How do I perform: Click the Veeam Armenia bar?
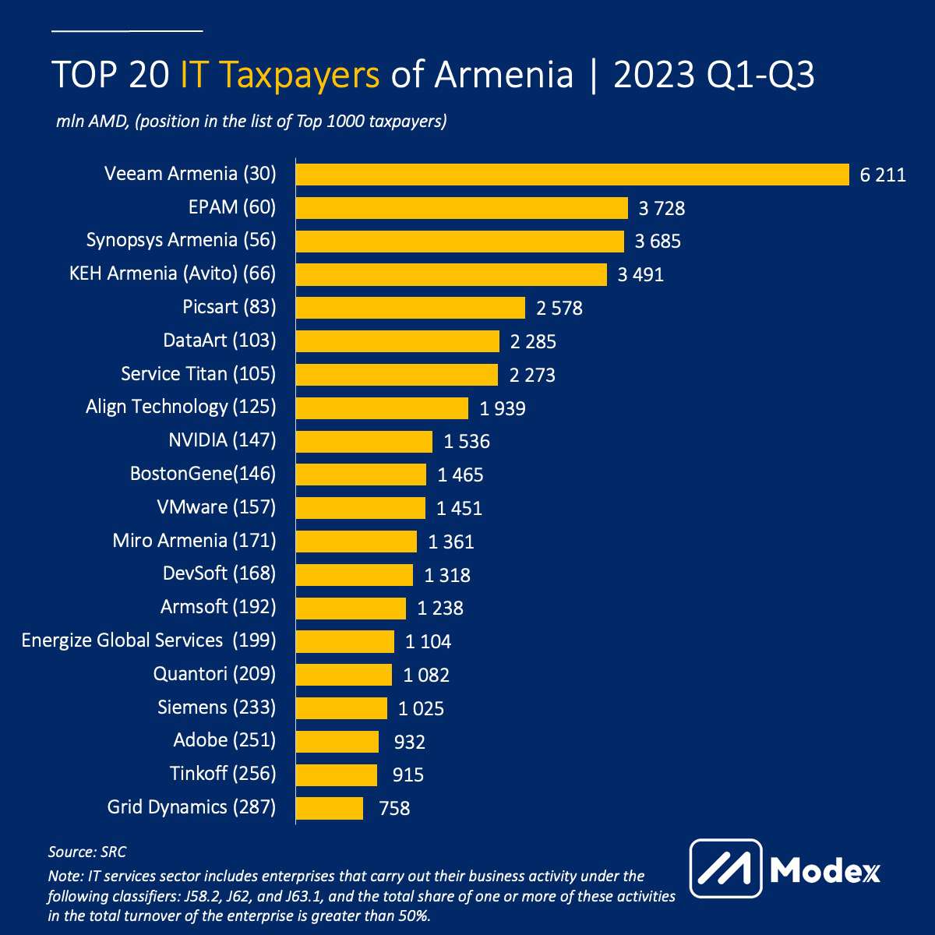(x=573, y=175)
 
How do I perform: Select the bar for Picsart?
(x=411, y=308)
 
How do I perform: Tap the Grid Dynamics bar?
(x=330, y=808)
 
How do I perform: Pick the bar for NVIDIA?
(x=364, y=441)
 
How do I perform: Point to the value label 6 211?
(x=883, y=175)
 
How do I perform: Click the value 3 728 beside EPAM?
(x=662, y=208)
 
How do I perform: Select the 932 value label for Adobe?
(x=410, y=742)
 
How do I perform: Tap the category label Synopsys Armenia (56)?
(x=181, y=240)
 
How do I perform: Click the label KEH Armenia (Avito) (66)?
(x=172, y=273)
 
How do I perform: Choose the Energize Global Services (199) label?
(x=149, y=640)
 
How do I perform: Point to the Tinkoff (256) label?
(x=223, y=774)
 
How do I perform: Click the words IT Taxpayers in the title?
(x=280, y=76)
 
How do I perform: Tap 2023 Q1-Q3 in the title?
(x=714, y=76)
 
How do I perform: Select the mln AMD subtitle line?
(x=251, y=122)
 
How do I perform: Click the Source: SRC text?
(x=87, y=852)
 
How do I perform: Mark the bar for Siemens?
(x=341, y=708)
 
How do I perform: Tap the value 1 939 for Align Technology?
(x=503, y=408)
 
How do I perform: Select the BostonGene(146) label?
(x=203, y=474)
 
